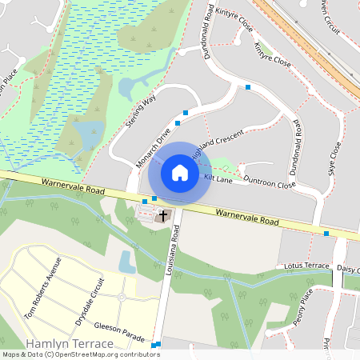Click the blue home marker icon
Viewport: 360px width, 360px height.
click(x=180, y=172)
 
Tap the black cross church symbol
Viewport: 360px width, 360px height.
click(x=163, y=215)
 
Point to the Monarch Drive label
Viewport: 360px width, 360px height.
click(x=154, y=148)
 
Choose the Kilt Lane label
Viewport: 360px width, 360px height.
click(x=218, y=178)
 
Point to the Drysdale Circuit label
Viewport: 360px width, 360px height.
click(x=90, y=301)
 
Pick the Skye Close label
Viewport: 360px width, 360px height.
click(x=334, y=159)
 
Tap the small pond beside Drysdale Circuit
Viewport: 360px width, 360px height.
click(x=126, y=261)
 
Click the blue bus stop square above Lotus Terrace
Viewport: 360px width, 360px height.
click(x=326, y=234)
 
